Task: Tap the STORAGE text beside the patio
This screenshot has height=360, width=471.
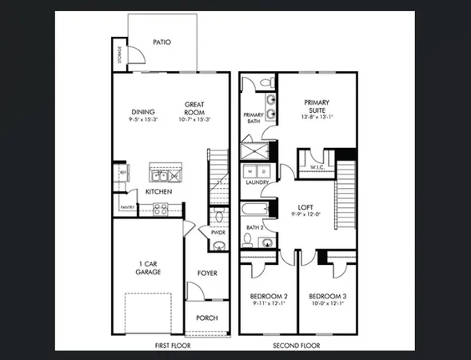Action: [119, 55]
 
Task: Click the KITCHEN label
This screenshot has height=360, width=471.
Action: [158, 192]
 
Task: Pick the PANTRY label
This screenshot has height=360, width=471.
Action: [127, 207]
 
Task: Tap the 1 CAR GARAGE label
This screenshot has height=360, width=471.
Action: [148, 268]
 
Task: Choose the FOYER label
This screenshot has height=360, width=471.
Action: [207, 274]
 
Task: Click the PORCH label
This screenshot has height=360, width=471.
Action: [206, 318]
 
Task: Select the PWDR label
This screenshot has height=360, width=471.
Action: [218, 232]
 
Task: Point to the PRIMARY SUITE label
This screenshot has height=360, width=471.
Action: [317, 106]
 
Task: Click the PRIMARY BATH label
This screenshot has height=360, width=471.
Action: [253, 118]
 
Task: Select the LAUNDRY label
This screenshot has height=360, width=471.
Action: [257, 182]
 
